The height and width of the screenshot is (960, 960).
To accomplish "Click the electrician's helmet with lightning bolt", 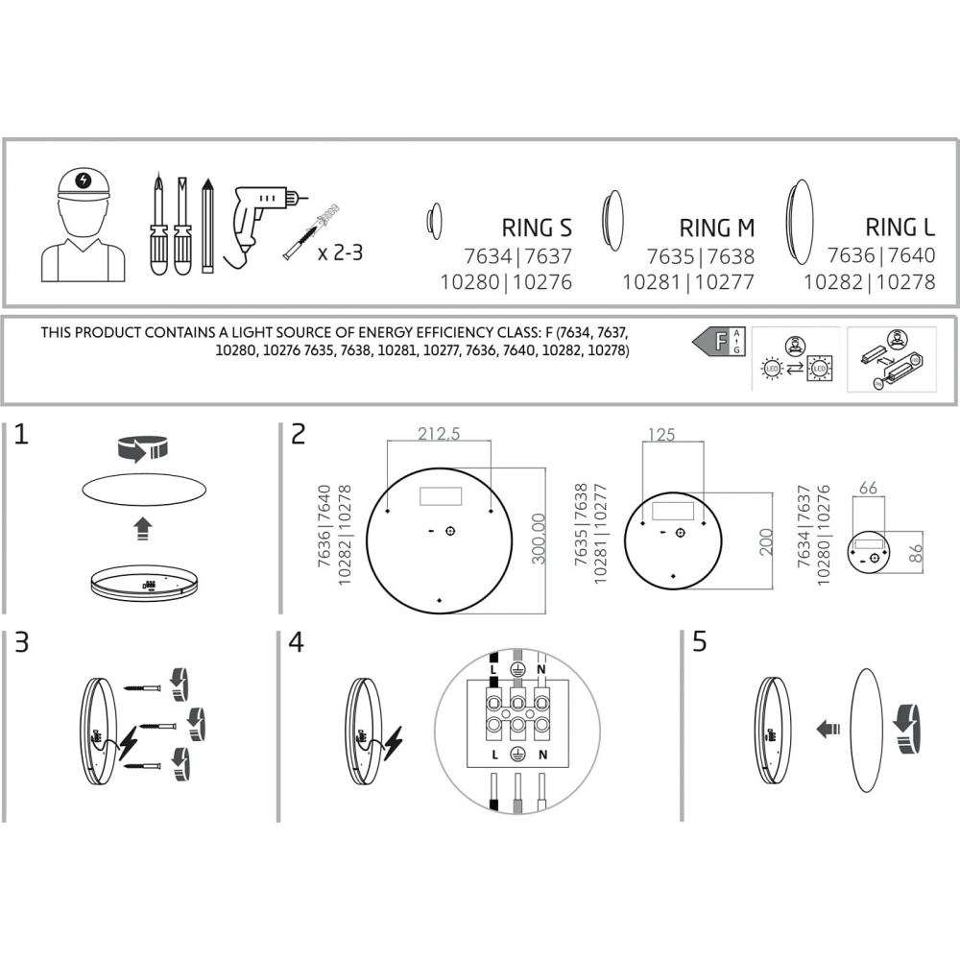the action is coord(84,183).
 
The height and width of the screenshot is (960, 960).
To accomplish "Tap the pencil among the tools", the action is coord(207,226).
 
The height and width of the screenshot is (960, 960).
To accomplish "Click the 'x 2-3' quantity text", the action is coord(341,252).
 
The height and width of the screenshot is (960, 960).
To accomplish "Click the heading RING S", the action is coord(537,228).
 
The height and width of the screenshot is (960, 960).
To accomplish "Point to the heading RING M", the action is coord(717,228).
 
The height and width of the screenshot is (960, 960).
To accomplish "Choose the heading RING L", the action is coord(900,228).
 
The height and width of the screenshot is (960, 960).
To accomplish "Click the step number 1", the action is coord(21,434).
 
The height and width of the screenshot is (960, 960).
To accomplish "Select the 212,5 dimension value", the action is coord(439,434).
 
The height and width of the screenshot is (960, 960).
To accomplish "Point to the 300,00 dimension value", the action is coord(539,539).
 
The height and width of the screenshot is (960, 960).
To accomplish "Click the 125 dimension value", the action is coord(661,434).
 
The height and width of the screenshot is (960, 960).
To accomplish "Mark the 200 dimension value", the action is coord(766,541).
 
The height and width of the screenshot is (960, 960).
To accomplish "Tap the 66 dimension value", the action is coord(868,488).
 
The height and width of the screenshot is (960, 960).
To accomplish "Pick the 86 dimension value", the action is coord(915,554).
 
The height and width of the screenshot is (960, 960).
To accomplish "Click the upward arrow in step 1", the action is coord(143,528).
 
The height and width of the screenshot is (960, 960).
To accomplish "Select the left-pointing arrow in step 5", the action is coord(828,729).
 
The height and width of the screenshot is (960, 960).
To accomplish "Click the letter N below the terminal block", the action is coord(542,755).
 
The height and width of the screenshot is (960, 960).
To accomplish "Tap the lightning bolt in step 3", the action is coord(129,743).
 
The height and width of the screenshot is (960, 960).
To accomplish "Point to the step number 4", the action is coord(297,642).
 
